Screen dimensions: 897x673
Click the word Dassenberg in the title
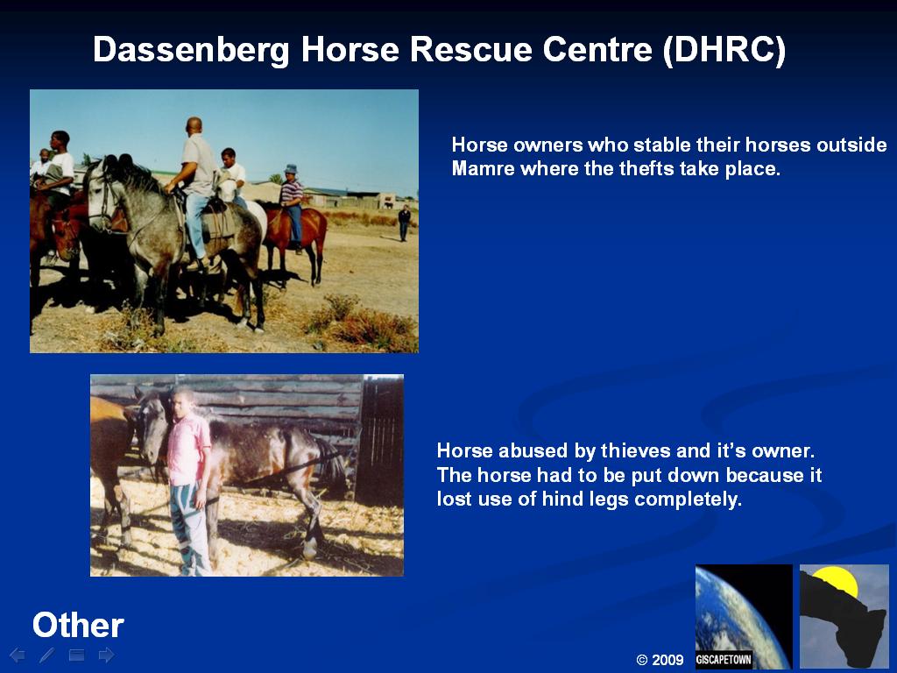(x=191, y=50)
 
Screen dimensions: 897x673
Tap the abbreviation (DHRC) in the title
(x=724, y=50)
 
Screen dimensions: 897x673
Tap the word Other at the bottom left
(x=78, y=625)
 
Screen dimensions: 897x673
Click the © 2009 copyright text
(x=660, y=660)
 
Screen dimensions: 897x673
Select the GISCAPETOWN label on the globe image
(x=724, y=659)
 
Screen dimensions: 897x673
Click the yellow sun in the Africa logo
(x=837, y=581)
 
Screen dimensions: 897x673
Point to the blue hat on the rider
(x=291, y=169)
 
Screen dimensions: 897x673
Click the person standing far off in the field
(x=405, y=223)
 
